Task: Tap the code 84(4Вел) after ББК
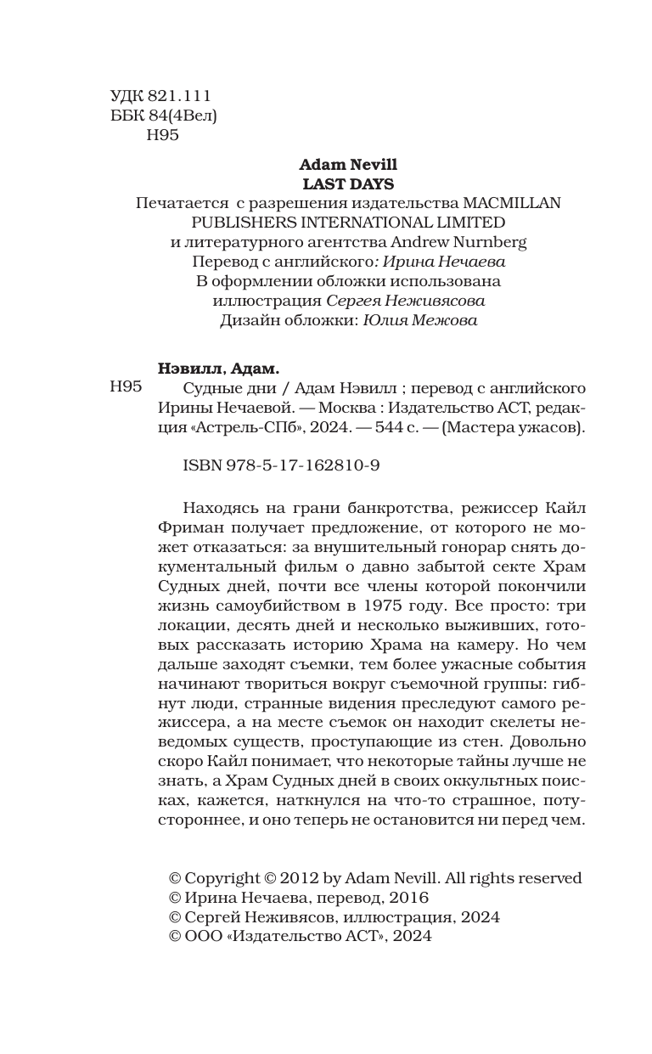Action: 182,116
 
